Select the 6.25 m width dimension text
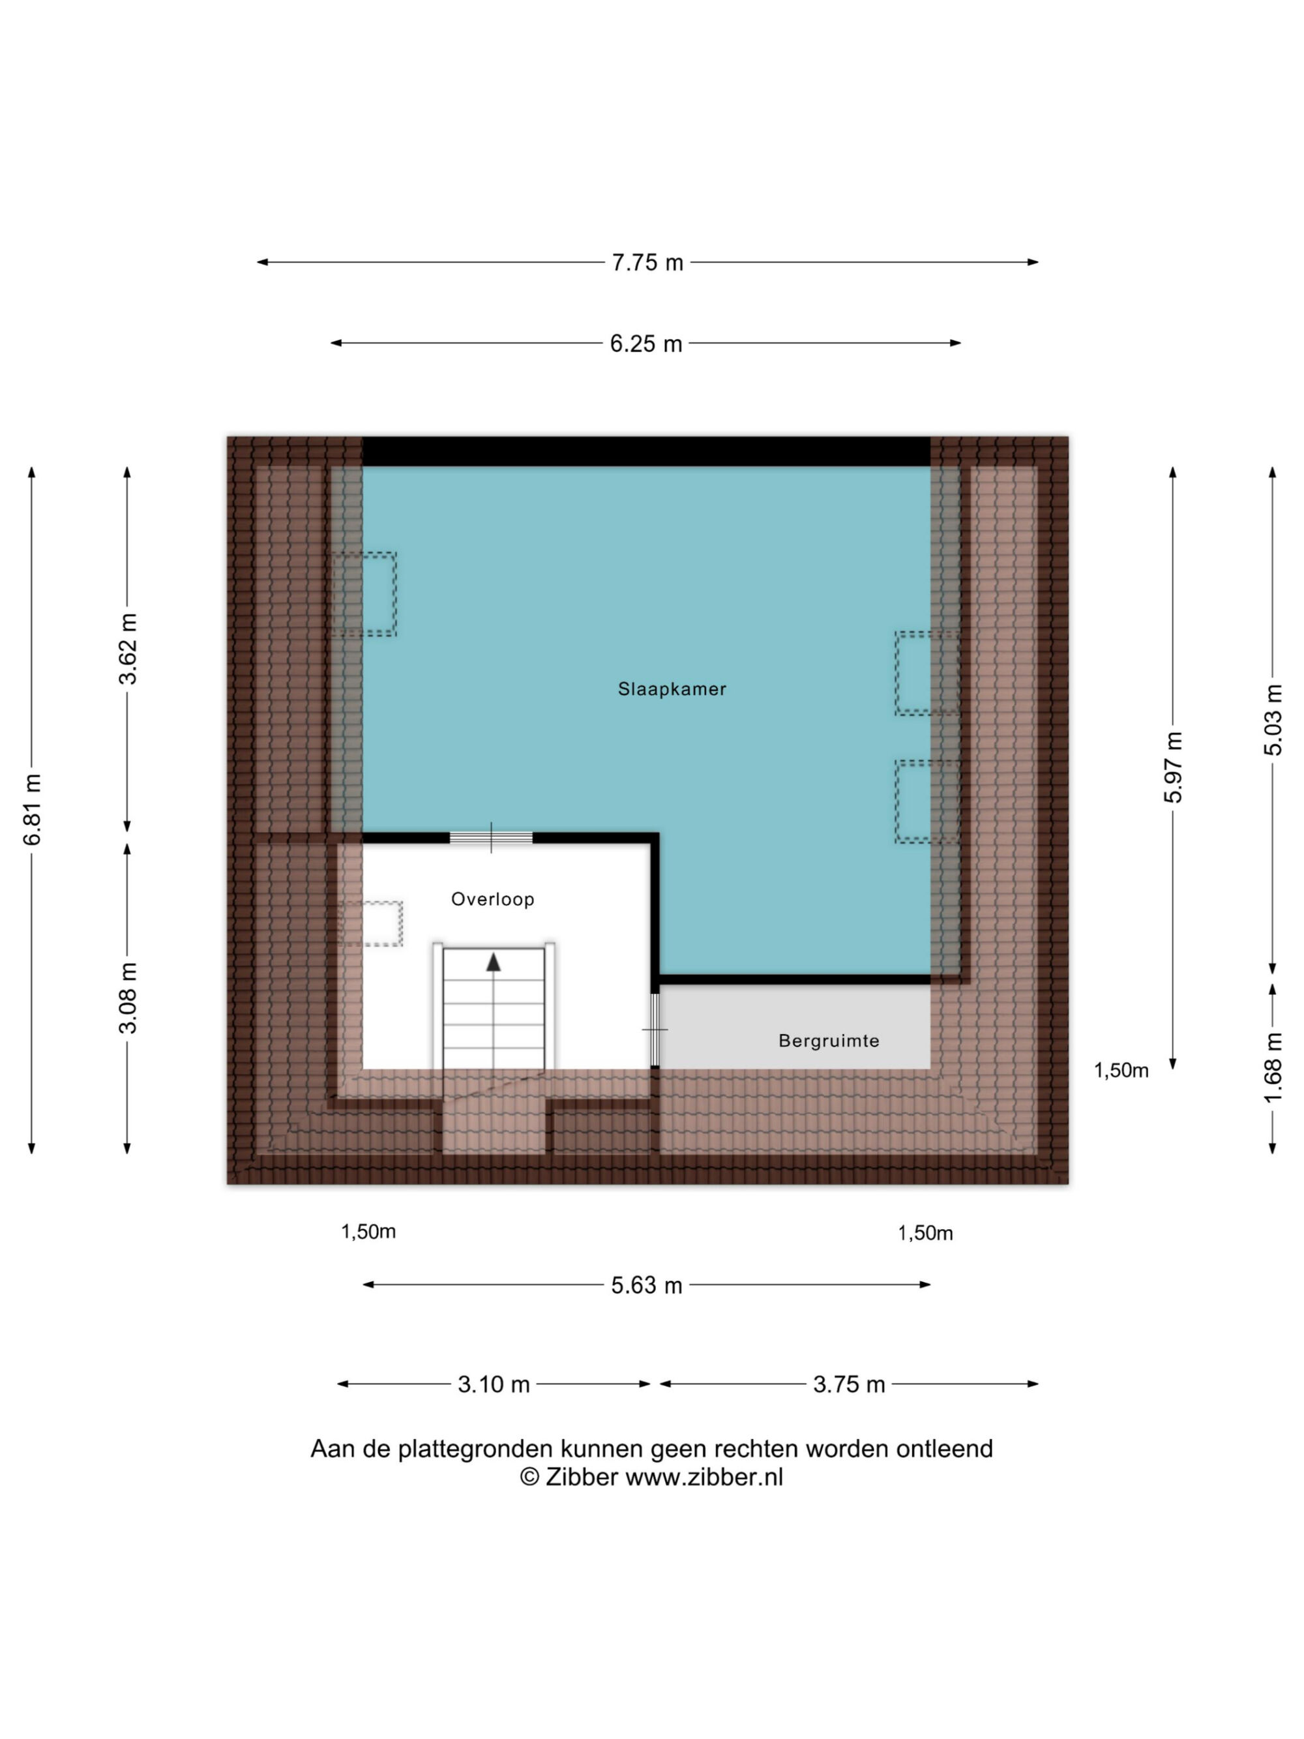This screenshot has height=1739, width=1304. (645, 344)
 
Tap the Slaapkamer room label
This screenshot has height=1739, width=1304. (672, 689)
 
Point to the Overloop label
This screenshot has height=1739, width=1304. (492, 899)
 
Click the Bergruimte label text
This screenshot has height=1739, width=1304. (829, 1040)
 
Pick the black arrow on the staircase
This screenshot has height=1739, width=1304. (493, 962)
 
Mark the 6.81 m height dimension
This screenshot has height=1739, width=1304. (32, 809)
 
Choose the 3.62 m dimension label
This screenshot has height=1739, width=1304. (127, 649)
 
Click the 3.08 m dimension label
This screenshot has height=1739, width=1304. (127, 997)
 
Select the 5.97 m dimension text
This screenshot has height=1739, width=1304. (1173, 767)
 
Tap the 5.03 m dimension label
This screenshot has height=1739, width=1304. (1273, 720)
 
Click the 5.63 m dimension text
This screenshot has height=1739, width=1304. (646, 1285)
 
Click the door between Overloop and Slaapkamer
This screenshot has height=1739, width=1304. (491, 837)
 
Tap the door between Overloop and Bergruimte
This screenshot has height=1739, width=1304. (655, 1029)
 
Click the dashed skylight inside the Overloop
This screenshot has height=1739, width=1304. (374, 923)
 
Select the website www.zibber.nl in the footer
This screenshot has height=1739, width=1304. (704, 1478)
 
